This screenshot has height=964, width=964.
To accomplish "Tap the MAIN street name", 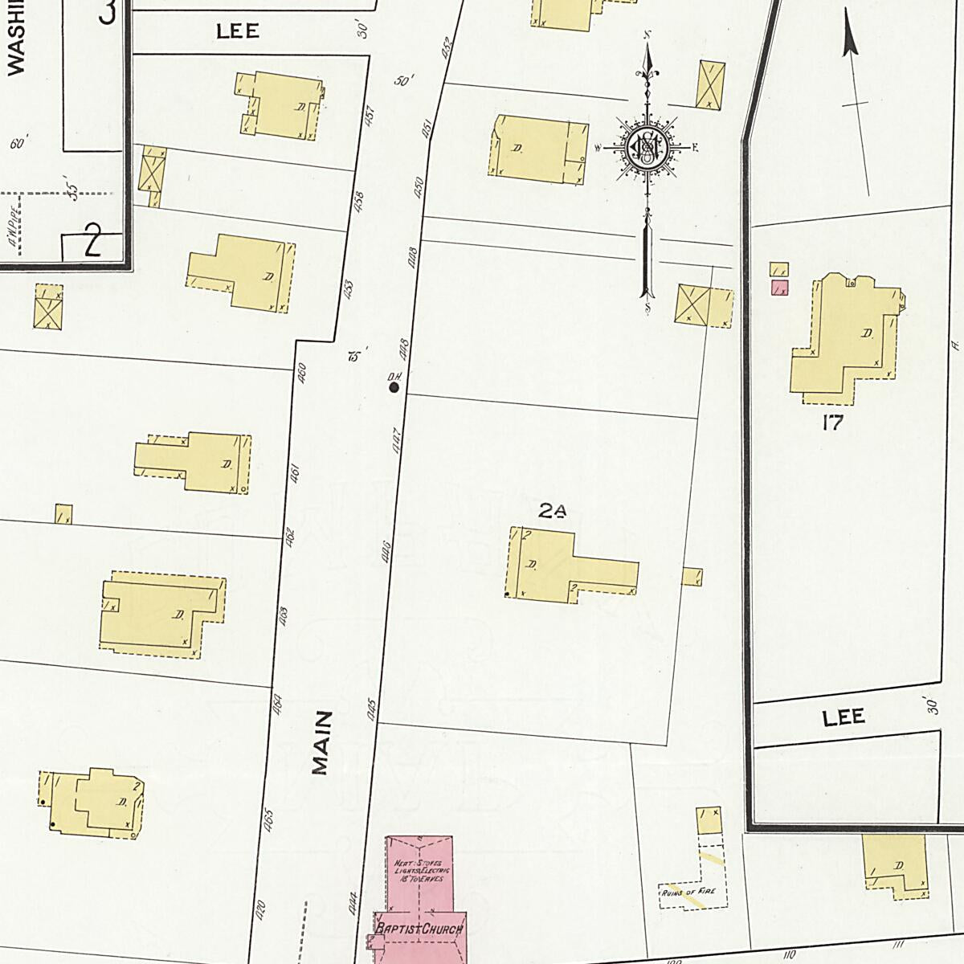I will click(321, 742).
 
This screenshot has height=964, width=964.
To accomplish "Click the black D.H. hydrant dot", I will click(394, 387).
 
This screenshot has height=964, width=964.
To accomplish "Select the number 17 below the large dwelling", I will click(832, 423).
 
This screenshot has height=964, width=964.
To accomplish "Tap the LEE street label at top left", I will click(238, 31).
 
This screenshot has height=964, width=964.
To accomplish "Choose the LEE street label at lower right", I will click(843, 717).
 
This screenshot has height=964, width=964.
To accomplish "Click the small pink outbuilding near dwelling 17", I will click(778, 288).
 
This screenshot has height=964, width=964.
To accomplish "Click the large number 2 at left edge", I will click(93, 241).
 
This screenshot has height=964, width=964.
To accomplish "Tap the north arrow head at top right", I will click(848, 40).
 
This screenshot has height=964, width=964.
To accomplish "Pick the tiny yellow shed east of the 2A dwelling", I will click(692, 577).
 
